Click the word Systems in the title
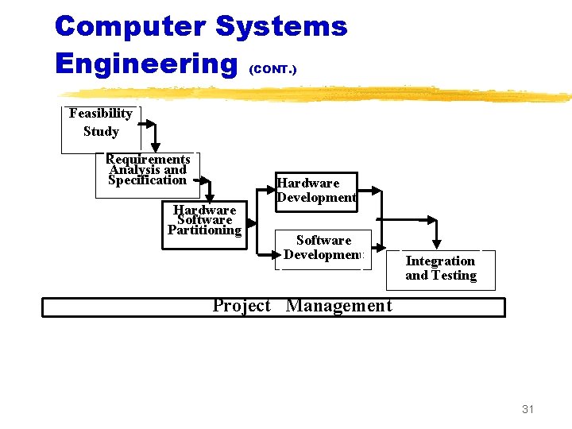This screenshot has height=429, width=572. tap(282, 26)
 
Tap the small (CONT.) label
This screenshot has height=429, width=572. tap(272, 69)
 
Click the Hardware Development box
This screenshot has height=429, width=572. tap(317, 191)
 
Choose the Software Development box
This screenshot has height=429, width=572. tap(323, 249)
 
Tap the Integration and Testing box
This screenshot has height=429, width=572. tap(440, 269)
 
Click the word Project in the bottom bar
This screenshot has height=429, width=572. tap(242, 306)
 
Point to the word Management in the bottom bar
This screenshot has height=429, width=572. tap(339, 306)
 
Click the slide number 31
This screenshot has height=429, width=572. tap(528, 409)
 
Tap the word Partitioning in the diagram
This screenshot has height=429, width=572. tap(204, 230)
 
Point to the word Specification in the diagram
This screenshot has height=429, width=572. tap(147, 180)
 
